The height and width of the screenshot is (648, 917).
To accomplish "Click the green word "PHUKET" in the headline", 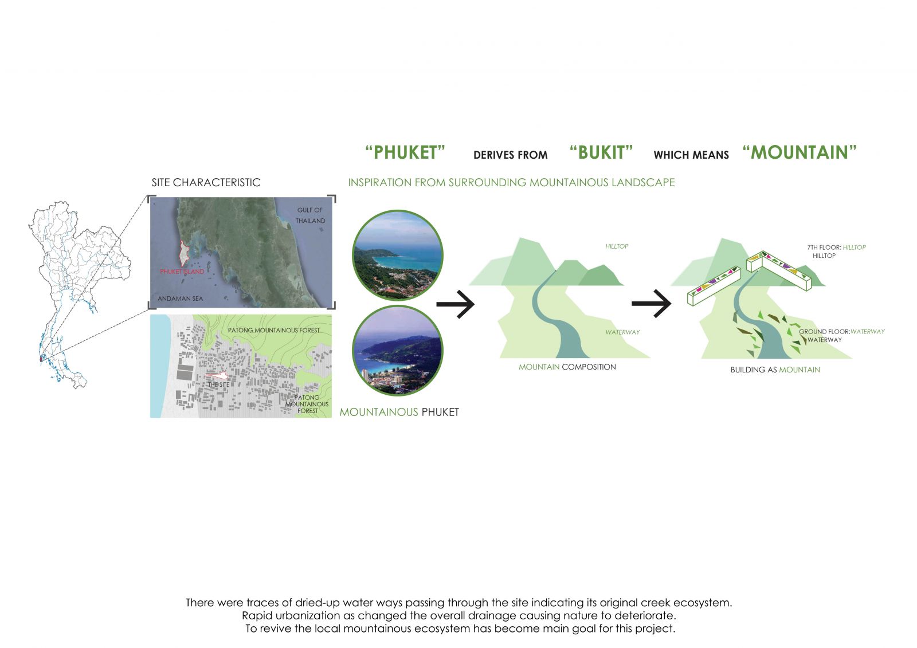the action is pyautogui.click(x=405, y=152).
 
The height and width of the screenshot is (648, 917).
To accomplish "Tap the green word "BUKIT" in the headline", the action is pyautogui.click(x=601, y=152).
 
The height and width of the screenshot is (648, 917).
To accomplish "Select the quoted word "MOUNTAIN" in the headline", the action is pyautogui.click(x=800, y=152).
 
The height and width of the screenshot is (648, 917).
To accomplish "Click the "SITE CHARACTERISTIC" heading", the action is pyautogui.click(x=206, y=183).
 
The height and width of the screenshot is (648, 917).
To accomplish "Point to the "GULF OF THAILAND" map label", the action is pyautogui.click(x=311, y=215).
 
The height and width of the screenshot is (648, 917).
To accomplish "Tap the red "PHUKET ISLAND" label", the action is pyautogui.click(x=182, y=272).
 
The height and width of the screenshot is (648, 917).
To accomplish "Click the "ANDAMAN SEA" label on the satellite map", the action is pyautogui.click(x=180, y=299).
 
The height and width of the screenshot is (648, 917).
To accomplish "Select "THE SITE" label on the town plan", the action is pyautogui.click(x=218, y=385).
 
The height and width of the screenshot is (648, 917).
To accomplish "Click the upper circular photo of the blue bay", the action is pyautogui.click(x=398, y=254).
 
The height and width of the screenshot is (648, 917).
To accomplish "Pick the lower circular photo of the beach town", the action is pyautogui.click(x=398, y=351).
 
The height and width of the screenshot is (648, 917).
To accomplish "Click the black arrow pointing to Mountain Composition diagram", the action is pyautogui.click(x=455, y=304).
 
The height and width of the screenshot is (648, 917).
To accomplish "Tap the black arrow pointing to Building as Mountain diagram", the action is pyautogui.click(x=651, y=303).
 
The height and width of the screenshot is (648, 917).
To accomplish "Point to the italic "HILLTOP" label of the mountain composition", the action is pyautogui.click(x=617, y=246).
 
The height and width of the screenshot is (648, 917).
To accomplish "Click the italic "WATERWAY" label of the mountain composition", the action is pyautogui.click(x=622, y=332).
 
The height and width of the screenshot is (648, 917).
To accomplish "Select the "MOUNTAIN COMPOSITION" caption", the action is pyautogui.click(x=567, y=367).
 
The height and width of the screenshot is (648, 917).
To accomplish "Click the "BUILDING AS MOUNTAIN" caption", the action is pyautogui.click(x=775, y=370).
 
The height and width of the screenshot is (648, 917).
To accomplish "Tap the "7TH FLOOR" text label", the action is pyautogui.click(x=824, y=248).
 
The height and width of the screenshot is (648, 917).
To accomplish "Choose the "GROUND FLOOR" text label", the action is pyautogui.click(x=825, y=332).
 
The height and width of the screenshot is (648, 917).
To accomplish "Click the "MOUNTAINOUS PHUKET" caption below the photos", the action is pyautogui.click(x=399, y=412).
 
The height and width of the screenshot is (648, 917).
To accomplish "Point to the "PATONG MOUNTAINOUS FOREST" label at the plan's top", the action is pyautogui.click(x=273, y=331).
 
